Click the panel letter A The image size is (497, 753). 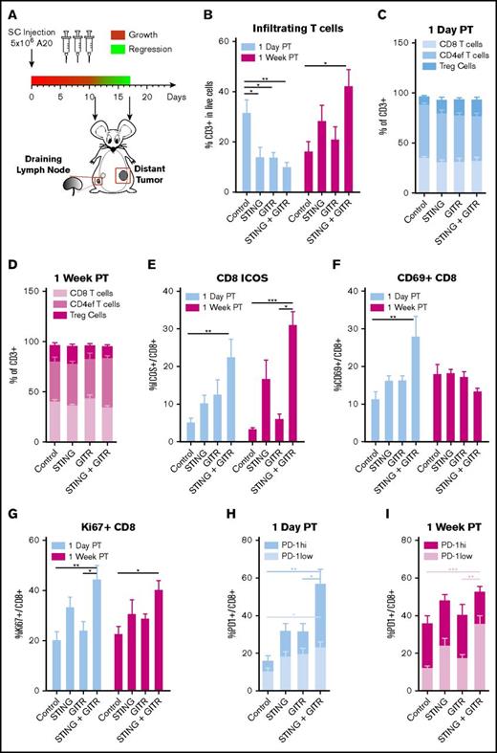pos(10,10)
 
